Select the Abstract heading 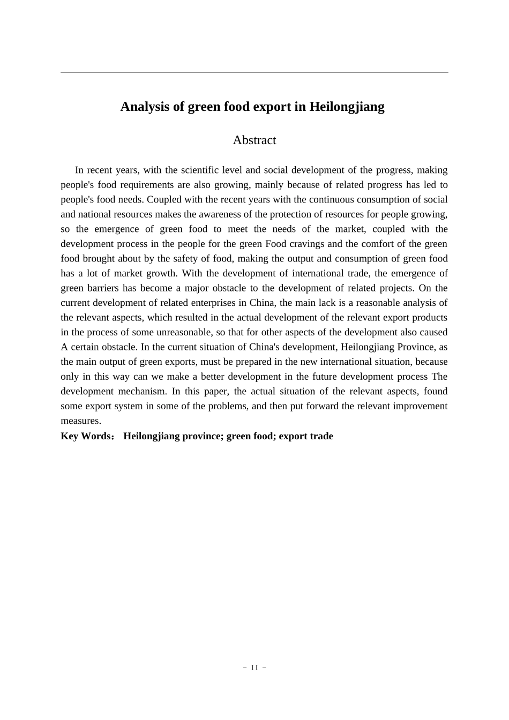tap(254, 140)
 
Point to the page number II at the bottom tap(254, 667)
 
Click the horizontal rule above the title tap(254, 72)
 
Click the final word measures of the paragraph tap(81, 421)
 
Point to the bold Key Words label tap(85, 436)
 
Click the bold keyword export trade tap(306, 436)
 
